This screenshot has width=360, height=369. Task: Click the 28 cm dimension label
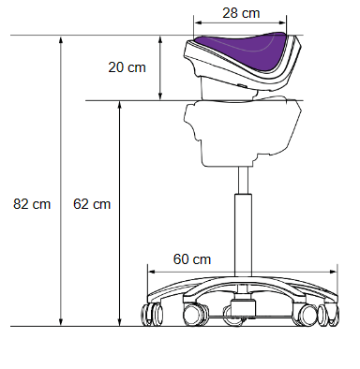241,13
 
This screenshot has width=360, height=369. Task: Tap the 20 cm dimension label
127,67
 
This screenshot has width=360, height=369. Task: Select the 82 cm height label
32,204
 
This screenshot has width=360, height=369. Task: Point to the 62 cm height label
92,204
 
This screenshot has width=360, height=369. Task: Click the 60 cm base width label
192,259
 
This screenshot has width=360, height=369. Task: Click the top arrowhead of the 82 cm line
61,40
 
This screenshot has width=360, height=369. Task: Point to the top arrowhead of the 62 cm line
119,105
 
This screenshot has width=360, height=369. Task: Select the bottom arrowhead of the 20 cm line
160,96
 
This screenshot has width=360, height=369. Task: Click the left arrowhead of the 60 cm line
152,272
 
